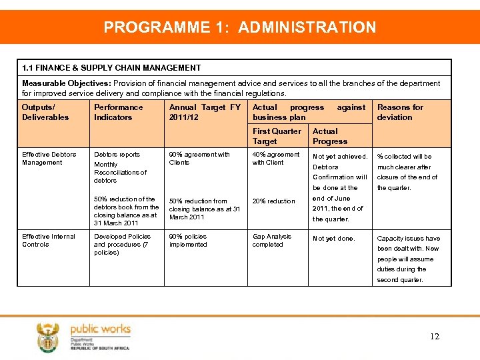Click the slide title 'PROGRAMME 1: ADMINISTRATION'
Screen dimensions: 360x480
pos(240,27)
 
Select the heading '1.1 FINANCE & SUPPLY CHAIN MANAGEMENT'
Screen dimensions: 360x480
pos(111,68)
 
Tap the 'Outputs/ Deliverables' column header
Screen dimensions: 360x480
pos(45,112)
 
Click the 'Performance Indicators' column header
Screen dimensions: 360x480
pos(118,112)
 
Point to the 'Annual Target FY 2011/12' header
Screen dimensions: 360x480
pos(205,112)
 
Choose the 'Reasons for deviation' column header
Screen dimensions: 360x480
pos(400,112)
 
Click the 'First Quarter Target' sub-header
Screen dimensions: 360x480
pos(277,136)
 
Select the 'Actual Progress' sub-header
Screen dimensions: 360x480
pos(330,136)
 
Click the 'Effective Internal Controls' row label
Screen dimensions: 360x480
pos(48,241)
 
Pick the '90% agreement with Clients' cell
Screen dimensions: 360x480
pos(199,159)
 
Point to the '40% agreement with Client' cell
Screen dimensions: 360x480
pos(276,159)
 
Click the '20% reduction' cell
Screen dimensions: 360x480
pos(273,201)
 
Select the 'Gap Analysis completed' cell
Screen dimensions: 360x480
pos(271,241)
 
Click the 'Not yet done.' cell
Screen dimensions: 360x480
pos(334,239)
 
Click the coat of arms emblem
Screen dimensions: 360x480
pos(48,337)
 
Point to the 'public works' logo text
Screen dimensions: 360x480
pos(100,329)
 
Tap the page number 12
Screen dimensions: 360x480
pos(435,337)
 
